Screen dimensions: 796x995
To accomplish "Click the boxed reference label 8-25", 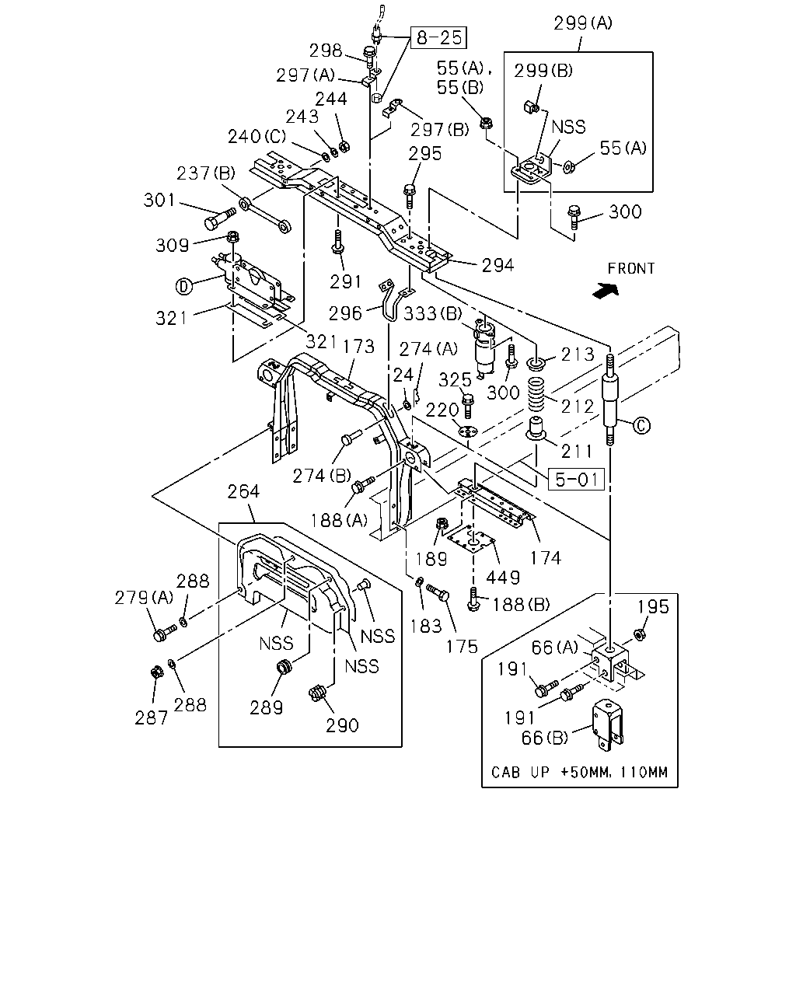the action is pyautogui.click(x=438, y=37).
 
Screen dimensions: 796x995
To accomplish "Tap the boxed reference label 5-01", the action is pyautogui.click(x=576, y=479).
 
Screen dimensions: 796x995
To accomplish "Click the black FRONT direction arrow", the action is pyautogui.click(x=606, y=291).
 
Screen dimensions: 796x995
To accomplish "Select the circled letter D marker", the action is pyautogui.click(x=183, y=287).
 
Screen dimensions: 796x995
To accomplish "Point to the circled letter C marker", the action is pyautogui.click(x=641, y=425).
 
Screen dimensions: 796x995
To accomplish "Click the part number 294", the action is pyautogui.click(x=497, y=265).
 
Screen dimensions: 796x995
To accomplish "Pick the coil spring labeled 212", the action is pyautogui.click(x=536, y=394).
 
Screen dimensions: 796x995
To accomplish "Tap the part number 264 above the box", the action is pyautogui.click(x=243, y=491).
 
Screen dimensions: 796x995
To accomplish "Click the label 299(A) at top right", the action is pyautogui.click(x=583, y=23).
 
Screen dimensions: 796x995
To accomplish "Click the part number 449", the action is pyautogui.click(x=503, y=578).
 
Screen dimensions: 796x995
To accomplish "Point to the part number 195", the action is pyautogui.click(x=653, y=606).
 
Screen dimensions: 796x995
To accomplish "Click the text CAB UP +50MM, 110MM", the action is pyautogui.click(x=579, y=772).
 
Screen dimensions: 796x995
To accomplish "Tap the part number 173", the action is pyautogui.click(x=358, y=347).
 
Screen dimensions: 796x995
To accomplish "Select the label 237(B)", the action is pyautogui.click(x=206, y=173).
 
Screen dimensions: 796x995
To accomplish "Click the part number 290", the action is pyautogui.click(x=342, y=725).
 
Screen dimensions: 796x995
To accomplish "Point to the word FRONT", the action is pyautogui.click(x=631, y=268).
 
